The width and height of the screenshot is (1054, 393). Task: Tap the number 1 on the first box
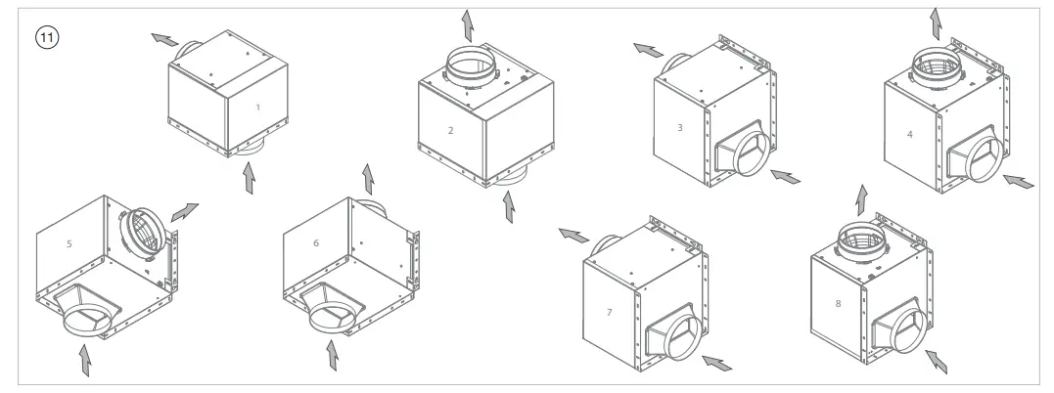click(257, 108)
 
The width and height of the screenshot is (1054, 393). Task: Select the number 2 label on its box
click(450, 129)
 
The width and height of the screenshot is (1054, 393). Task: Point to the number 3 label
click(679, 126)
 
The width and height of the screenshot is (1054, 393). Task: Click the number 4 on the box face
click(910, 133)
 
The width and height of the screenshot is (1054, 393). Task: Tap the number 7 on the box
click(609, 312)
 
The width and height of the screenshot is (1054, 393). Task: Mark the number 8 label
click(837, 304)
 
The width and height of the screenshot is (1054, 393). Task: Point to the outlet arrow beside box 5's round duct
click(184, 212)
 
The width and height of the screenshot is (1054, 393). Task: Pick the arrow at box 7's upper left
click(573, 235)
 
